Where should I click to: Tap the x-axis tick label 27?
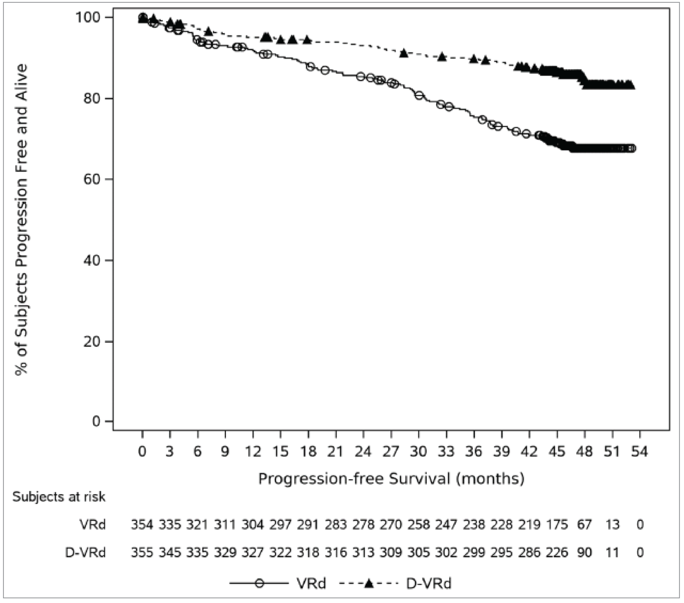point(391,452)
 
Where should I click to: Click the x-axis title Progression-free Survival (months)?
point(391,479)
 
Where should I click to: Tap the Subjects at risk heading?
point(59,497)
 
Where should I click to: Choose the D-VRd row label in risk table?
point(85,552)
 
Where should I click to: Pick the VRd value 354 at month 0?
point(142,525)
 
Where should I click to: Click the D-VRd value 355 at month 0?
point(142,552)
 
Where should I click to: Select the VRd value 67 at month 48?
point(584,525)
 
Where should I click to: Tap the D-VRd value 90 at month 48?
point(584,552)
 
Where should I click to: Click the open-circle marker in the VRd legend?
point(259,584)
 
